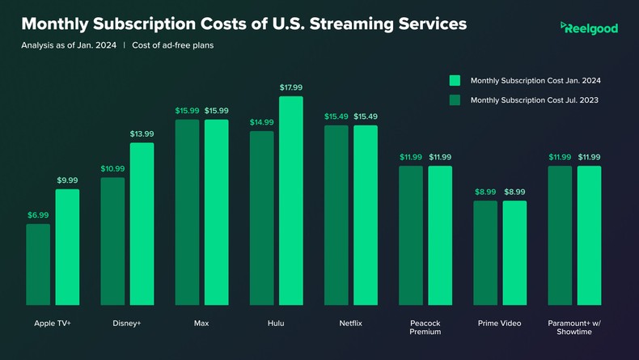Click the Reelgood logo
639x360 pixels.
tap(589, 28)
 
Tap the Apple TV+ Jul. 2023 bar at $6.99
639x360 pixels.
tap(38, 264)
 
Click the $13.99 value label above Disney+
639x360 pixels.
tap(142, 133)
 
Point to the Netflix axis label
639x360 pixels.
tap(350, 323)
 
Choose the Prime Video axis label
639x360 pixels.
tap(499, 323)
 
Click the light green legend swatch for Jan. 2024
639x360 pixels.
tap(455, 80)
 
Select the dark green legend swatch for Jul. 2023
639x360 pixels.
tap(455, 100)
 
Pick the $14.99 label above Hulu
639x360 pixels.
tap(261, 122)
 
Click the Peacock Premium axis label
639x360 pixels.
tap(425, 327)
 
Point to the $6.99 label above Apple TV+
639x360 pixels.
tap(38, 214)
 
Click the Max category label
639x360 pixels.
tap(201, 323)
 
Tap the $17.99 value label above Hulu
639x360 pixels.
tap(291, 87)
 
